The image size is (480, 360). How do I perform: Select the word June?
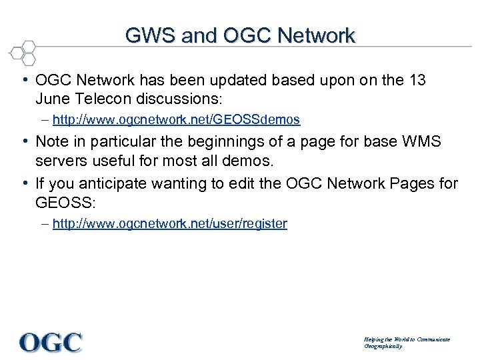pos(53,99)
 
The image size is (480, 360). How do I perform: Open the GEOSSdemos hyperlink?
pos(176,120)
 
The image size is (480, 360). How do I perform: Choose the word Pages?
pos(405,183)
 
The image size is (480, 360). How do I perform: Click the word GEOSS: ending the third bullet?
pos(61,201)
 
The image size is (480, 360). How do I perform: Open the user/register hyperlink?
pos(169,224)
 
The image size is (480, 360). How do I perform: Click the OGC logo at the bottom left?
pos(51,342)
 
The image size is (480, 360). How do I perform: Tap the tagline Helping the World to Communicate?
pos(406,339)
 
